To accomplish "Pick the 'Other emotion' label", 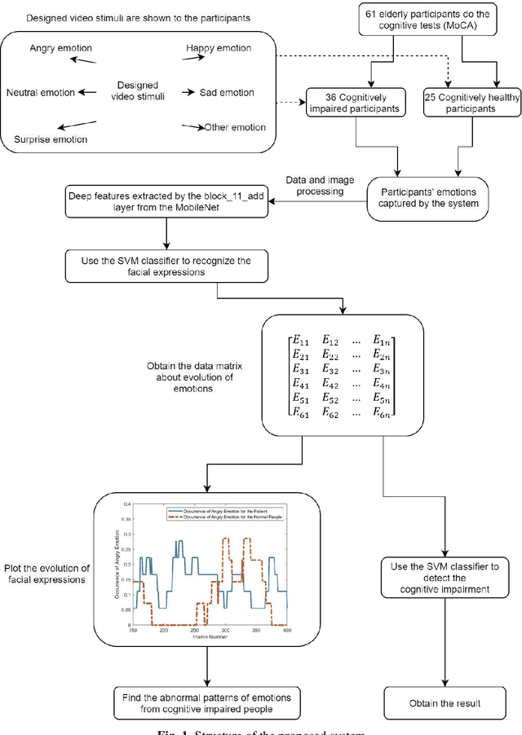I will [236, 127].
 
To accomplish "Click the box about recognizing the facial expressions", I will [161, 264].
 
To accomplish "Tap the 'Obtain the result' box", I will [444, 702].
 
